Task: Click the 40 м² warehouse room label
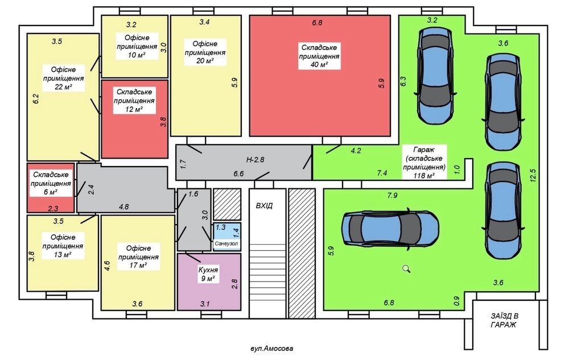tap(319, 56)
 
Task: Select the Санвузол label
tap(226, 243)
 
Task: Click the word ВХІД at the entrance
tap(264, 205)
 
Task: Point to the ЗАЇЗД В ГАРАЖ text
tap(504, 320)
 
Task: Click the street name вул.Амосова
tap(272, 349)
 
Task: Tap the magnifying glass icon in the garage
tap(406, 268)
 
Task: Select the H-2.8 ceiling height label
tap(255, 159)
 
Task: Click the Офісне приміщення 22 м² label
tap(64, 78)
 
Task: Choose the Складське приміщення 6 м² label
tap(51, 183)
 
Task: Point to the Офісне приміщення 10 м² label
tap(137, 46)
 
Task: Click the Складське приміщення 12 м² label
tap(134, 101)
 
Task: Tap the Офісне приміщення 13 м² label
tap(63, 246)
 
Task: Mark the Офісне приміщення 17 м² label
tap(138, 256)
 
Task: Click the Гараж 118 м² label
tap(424, 163)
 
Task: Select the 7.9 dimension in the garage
tap(392, 196)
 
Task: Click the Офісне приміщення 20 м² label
tap(205, 52)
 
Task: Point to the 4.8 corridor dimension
tap(123, 206)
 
